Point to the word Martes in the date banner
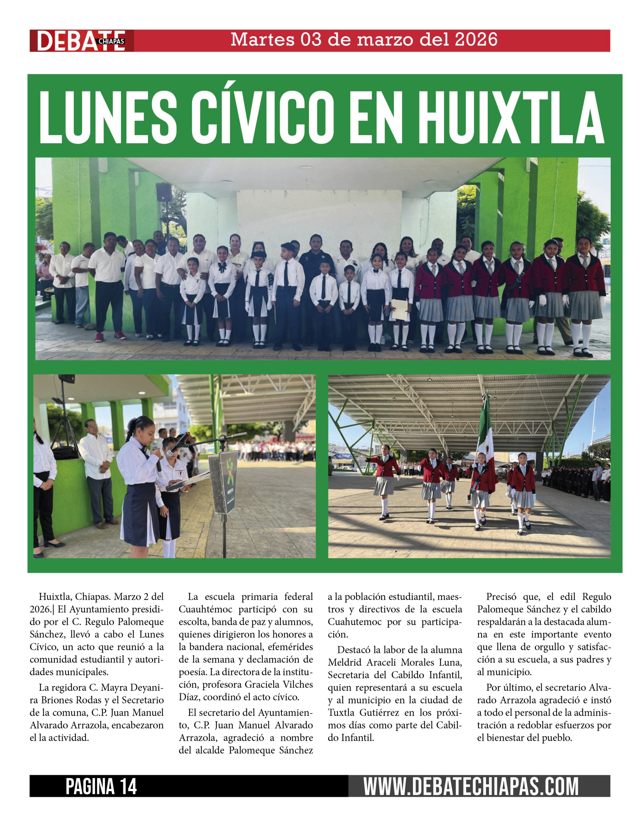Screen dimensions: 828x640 pyautogui.click(x=262, y=39)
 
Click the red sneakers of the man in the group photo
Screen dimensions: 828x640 pyautogui.click(x=110, y=335)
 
